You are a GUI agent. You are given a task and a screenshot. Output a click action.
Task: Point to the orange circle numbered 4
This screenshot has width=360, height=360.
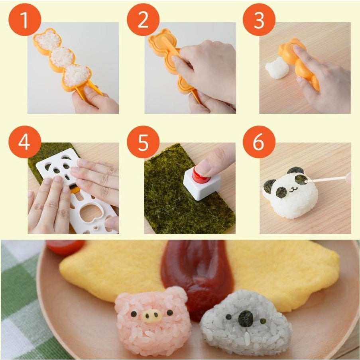click(x=25, y=142)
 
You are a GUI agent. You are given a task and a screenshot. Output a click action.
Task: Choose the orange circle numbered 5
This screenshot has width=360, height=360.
click(x=143, y=142)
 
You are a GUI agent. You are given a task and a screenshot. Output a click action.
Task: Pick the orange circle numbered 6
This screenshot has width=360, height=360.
click(x=259, y=142)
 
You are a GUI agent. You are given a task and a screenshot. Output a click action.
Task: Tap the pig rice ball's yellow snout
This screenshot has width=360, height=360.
click(x=152, y=316)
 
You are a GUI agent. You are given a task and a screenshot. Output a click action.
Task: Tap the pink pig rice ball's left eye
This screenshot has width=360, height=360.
click(x=134, y=314)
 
